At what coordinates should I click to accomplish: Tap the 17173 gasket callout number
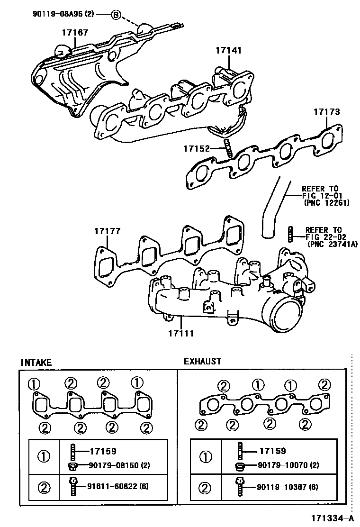pos(326,112)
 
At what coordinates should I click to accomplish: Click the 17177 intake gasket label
pos(107,231)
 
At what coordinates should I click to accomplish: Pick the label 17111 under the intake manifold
pos(180,333)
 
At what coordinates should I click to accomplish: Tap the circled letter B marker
pos(116,15)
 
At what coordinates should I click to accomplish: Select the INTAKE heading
pos(36,363)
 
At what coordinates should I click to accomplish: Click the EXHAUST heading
pos(202,362)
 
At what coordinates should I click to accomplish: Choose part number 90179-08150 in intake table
pos(113,465)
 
